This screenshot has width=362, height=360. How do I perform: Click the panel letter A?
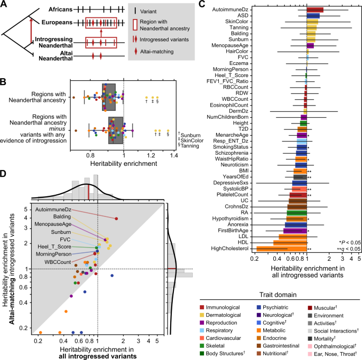tap(4, 5)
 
